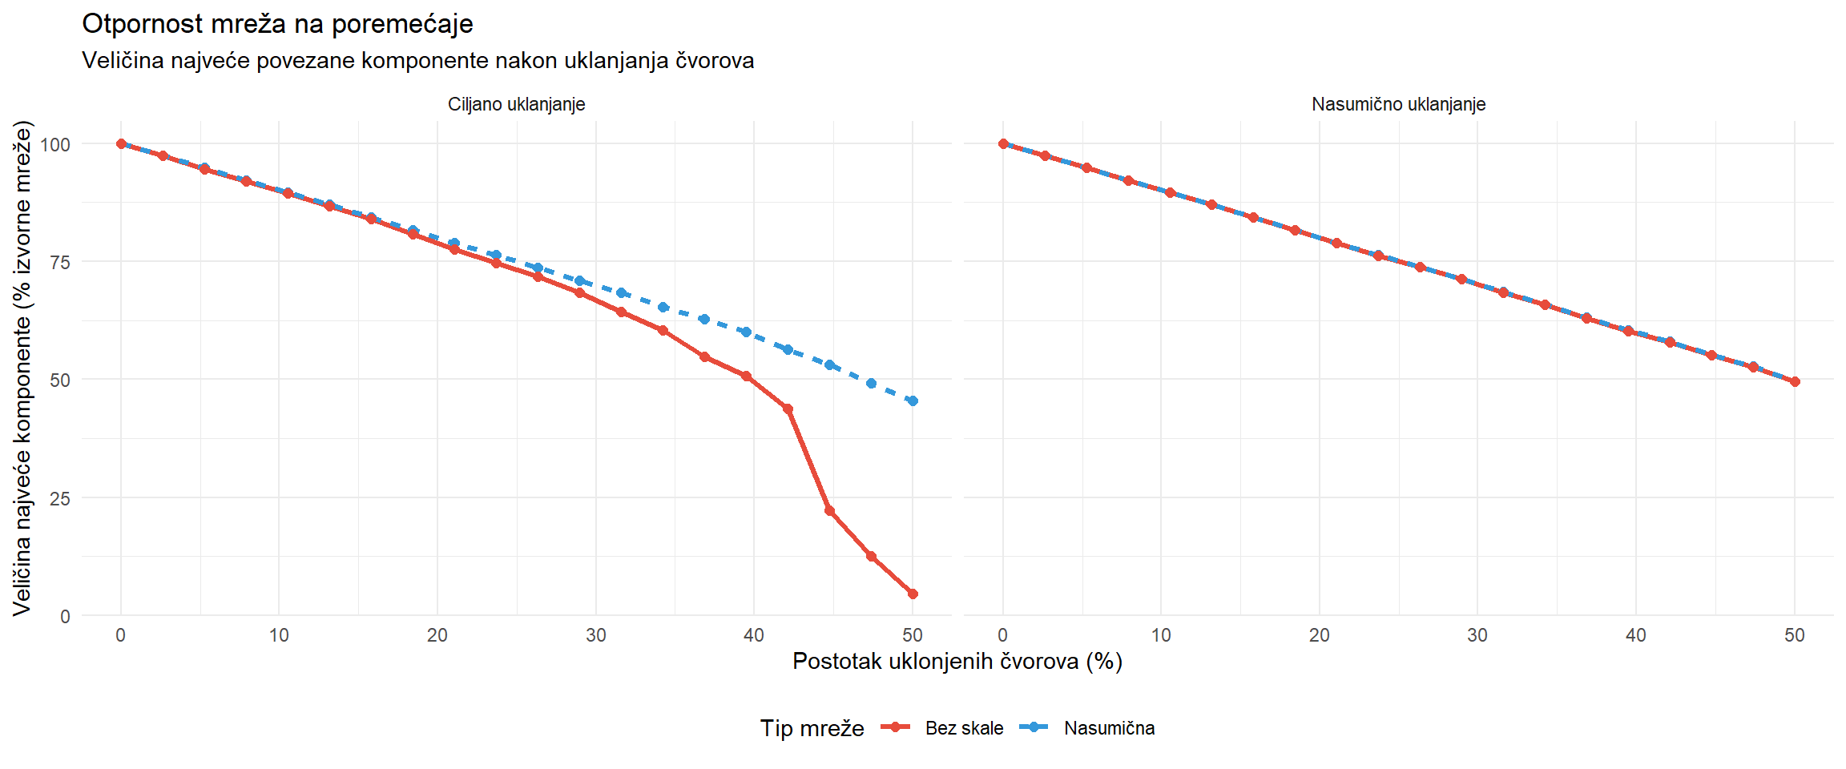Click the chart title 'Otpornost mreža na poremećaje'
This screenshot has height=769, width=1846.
pyautogui.click(x=277, y=24)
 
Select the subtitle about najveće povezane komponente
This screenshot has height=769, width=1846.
pyautogui.click(x=417, y=61)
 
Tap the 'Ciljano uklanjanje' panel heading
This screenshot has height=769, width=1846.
pyautogui.click(x=516, y=104)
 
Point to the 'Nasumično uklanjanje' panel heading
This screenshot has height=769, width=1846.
pyautogui.click(x=1398, y=104)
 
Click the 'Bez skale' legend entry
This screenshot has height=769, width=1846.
pyautogui.click(x=964, y=728)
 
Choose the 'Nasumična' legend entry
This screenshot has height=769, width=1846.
pyautogui.click(x=1109, y=728)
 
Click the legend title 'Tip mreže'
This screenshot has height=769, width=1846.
pyautogui.click(x=812, y=728)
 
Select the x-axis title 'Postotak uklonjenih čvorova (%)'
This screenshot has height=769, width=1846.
pyautogui.click(x=957, y=661)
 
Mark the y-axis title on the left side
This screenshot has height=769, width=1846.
pyautogui.click(x=22, y=368)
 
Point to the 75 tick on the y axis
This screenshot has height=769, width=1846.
pyautogui.click(x=60, y=262)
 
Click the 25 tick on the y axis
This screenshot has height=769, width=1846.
pyautogui.click(x=60, y=498)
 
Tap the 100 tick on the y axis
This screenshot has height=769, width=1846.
pyautogui.click(x=55, y=144)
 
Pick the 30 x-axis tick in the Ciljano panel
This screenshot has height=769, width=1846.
pyautogui.click(x=595, y=635)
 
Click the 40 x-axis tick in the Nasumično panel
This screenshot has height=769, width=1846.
pyautogui.click(x=1635, y=635)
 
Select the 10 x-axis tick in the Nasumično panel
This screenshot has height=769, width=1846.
pyautogui.click(x=1161, y=635)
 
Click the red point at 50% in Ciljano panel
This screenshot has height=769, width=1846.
pyautogui.click(x=913, y=594)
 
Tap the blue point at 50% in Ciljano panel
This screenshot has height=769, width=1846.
pyautogui.click(x=913, y=401)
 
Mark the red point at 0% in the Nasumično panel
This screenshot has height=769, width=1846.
pyautogui.click(x=1003, y=144)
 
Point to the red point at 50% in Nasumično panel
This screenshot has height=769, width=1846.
pyautogui.click(x=1795, y=382)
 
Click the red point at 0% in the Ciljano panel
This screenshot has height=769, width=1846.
pyautogui.click(x=121, y=144)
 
